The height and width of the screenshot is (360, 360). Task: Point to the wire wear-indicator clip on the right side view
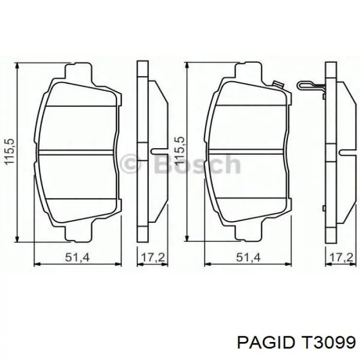pyautogui.click(x=312, y=87)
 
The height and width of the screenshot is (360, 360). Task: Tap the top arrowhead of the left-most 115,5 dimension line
pyautogui.click(x=18, y=66)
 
